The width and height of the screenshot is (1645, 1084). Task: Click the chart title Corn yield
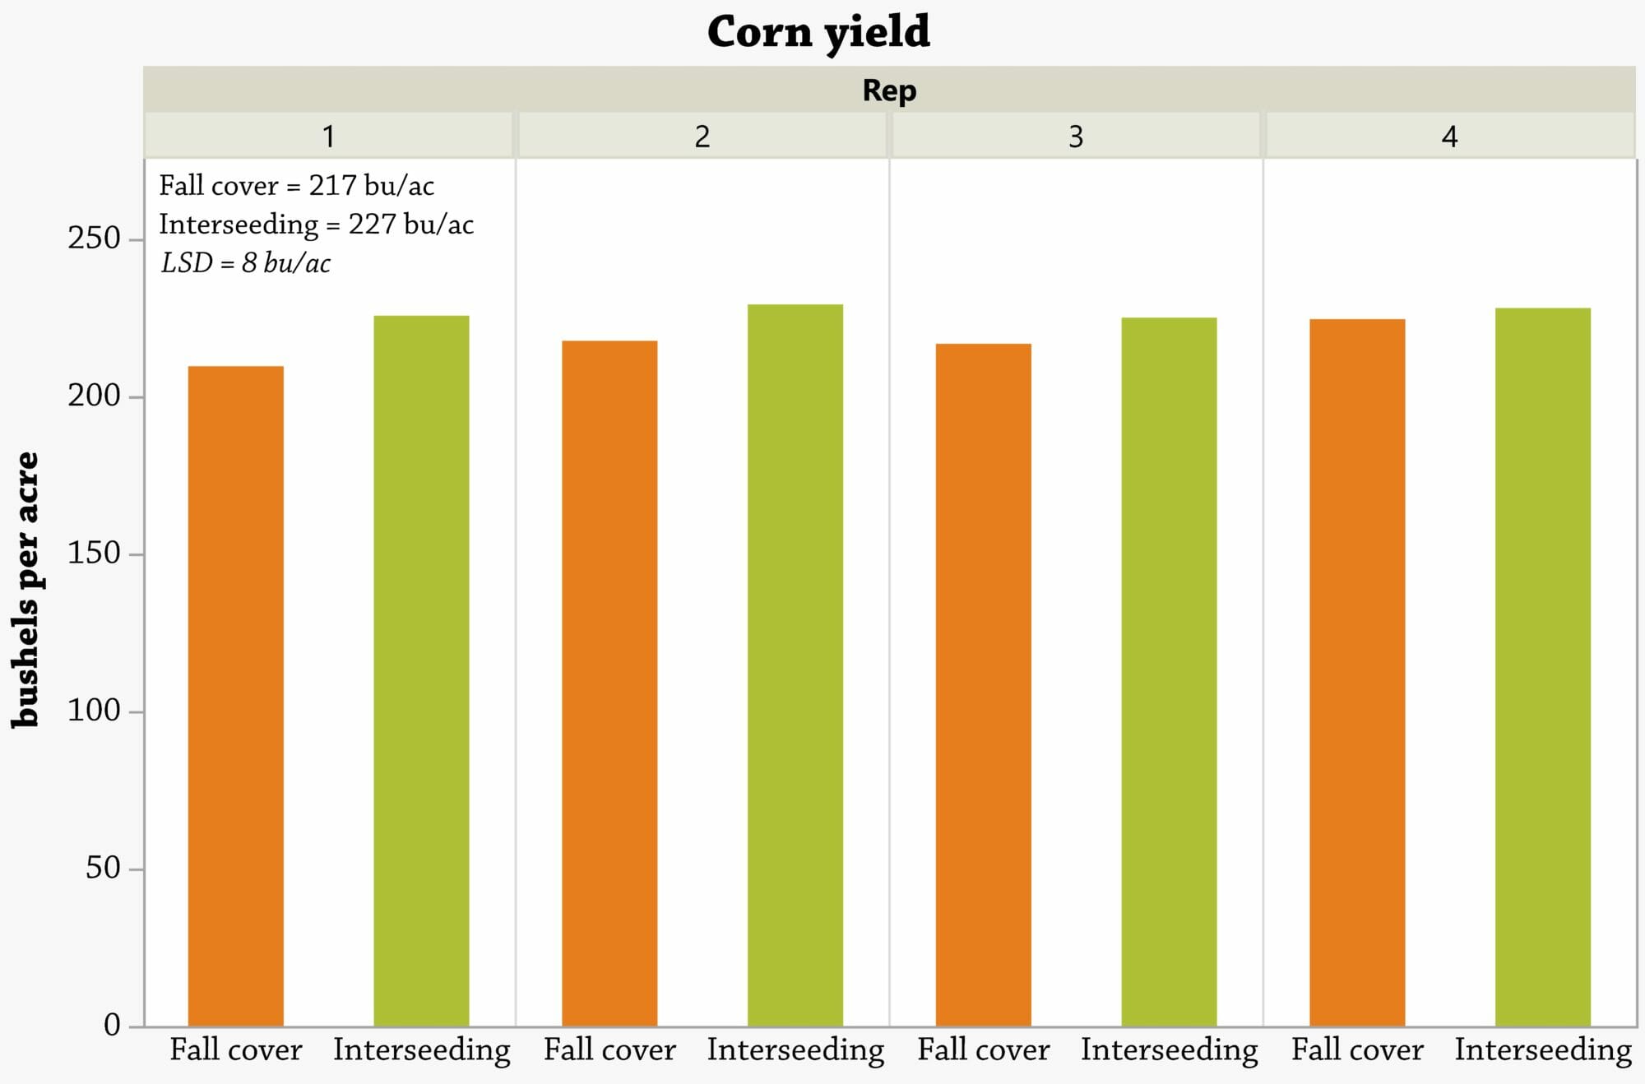tap(818, 32)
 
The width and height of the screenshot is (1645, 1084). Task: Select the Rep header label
tap(889, 90)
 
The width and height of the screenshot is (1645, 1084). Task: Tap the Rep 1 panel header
tap(329, 136)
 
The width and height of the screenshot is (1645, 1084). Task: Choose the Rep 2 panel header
tap(702, 136)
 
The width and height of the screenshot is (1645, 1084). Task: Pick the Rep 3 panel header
tap(1076, 136)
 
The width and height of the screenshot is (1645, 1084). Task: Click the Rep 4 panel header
tap(1450, 136)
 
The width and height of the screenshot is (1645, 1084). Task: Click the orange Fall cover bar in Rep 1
tap(236, 696)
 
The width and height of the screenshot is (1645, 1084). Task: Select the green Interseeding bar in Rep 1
tap(422, 670)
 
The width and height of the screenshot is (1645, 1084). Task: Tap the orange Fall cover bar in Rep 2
tap(609, 683)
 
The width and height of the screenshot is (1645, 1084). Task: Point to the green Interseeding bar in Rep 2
tap(795, 665)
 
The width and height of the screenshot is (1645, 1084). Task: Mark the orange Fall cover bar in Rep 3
tap(984, 684)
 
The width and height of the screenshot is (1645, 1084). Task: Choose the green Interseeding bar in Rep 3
tap(1170, 671)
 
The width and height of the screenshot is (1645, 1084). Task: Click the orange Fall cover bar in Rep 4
tap(1357, 672)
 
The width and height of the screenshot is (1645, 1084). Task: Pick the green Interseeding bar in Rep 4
tap(1543, 667)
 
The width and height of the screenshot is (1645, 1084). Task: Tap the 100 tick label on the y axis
tap(95, 711)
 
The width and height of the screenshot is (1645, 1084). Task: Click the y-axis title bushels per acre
tap(25, 590)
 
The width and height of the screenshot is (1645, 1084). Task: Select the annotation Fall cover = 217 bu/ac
tap(296, 186)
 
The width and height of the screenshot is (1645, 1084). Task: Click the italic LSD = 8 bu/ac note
tap(246, 262)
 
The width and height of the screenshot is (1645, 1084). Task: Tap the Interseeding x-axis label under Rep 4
tap(1543, 1050)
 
